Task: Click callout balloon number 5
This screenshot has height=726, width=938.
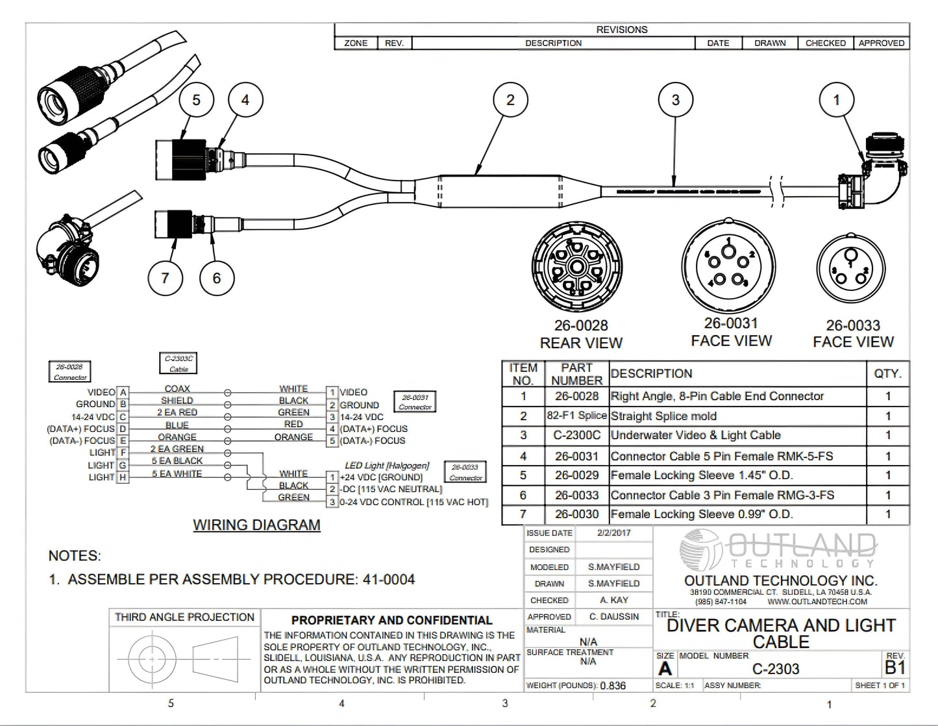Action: [196, 100]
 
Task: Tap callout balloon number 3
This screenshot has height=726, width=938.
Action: [675, 100]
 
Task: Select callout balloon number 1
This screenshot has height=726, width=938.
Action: [836, 100]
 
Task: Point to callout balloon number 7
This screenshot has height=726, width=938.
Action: [165, 278]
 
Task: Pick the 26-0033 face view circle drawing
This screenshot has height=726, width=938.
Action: [850, 270]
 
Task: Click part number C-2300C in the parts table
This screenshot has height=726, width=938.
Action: [576, 436]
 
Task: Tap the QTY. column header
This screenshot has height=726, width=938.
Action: [887, 374]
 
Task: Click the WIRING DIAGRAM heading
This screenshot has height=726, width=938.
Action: [256, 525]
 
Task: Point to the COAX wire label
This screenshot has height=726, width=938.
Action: [177, 389]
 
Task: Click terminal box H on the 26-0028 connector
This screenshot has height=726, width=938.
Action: [123, 477]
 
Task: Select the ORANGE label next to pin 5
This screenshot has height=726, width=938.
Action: [293, 437]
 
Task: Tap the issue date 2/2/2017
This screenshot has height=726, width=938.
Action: [613, 532]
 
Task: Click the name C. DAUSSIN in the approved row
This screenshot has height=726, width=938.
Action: [613, 616]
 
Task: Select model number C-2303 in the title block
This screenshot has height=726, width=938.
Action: [776, 669]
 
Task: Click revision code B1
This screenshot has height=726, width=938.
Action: [895, 668]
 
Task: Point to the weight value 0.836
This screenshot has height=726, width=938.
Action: [613, 686]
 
